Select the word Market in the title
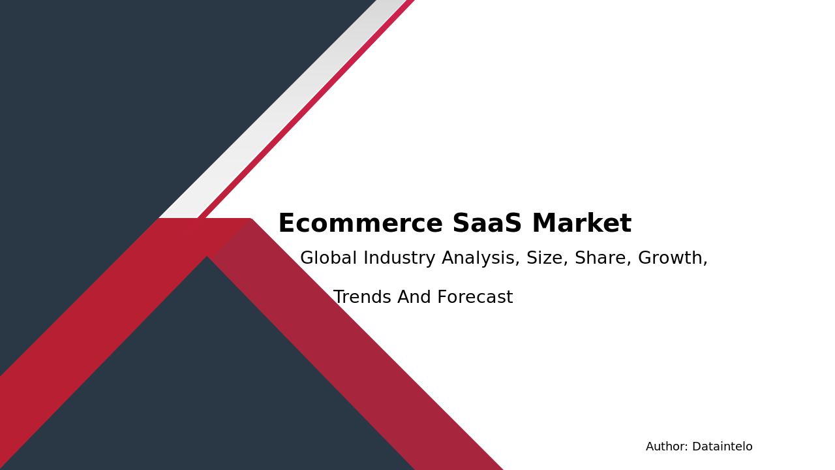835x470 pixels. click(581, 224)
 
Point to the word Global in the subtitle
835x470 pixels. click(328, 258)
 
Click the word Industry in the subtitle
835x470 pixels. click(399, 258)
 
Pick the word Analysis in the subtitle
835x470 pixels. click(481, 258)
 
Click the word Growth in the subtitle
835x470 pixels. click(673, 258)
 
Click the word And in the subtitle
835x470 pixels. click(414, 298)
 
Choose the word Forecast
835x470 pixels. click(475, 298)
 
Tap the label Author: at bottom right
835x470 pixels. click(667, 447)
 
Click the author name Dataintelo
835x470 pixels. click(722, 447)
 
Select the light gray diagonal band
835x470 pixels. click(281, 111)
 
